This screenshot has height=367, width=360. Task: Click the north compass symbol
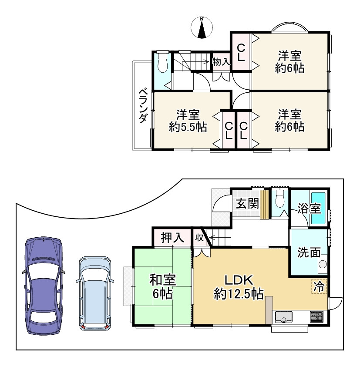point(202,27)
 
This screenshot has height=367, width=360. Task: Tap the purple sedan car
point(44,286)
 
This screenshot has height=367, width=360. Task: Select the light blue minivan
point(95,293)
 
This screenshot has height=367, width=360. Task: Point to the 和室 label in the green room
point(162,280)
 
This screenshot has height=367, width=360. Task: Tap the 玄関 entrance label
point(247,203)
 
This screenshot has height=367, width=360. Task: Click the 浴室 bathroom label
point(309,208)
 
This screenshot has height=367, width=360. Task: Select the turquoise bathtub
point(318,208)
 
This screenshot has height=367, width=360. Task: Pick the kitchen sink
point(284,316)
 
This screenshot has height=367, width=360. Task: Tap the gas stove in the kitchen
point(316,316)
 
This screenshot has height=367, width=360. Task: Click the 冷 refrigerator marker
point(319,286)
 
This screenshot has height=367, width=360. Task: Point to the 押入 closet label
point(172,238)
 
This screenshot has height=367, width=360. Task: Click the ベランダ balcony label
point(143,106)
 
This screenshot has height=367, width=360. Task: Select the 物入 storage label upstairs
point(221,62)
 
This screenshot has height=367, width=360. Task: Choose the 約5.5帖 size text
point(188,127)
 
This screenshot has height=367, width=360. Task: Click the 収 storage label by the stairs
point(199,238)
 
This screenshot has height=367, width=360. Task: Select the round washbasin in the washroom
point(323,264)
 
